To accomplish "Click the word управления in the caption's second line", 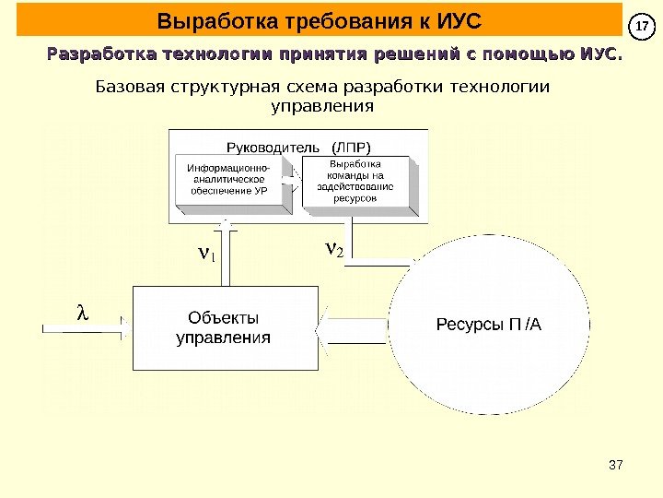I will [324, 106].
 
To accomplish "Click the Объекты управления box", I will [225, 327].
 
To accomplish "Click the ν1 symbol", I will [206, 251].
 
